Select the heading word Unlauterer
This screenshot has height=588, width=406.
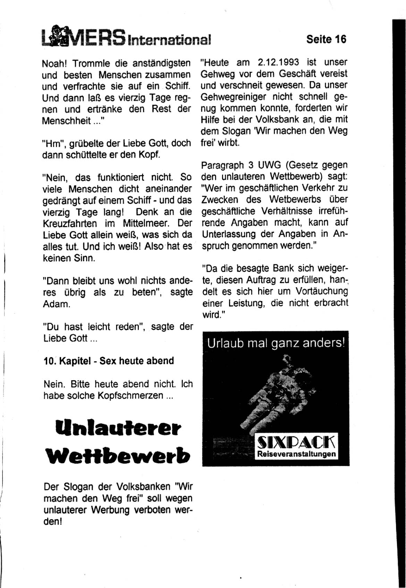coord(118,427)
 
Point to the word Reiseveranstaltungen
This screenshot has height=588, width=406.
coord(296,454)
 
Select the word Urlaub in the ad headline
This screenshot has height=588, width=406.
coord(221,343)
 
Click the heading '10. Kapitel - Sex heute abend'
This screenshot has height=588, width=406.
coord(109,361)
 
